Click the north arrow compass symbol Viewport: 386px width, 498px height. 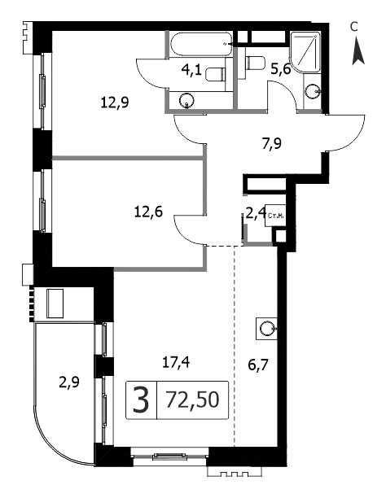358,50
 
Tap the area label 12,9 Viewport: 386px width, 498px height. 115,103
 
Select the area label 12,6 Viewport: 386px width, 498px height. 148,212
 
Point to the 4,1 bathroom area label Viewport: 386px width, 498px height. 191,69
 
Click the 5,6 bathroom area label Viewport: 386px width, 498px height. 281,68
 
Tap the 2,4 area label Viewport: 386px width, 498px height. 256,212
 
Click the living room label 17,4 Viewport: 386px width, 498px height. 176,362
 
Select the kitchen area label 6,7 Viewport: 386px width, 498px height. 258,365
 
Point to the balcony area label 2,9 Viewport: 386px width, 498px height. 69,382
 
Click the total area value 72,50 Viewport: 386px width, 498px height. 192,400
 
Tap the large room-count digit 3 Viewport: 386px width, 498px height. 141,400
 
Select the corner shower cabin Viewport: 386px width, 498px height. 305,52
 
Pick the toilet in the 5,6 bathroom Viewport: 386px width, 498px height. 256,62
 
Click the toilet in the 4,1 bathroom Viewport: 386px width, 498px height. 216,75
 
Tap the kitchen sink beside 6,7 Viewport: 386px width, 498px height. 265,328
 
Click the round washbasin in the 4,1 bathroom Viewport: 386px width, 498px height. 186,100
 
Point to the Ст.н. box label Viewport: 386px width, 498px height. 275,216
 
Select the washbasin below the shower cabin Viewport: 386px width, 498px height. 312,92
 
